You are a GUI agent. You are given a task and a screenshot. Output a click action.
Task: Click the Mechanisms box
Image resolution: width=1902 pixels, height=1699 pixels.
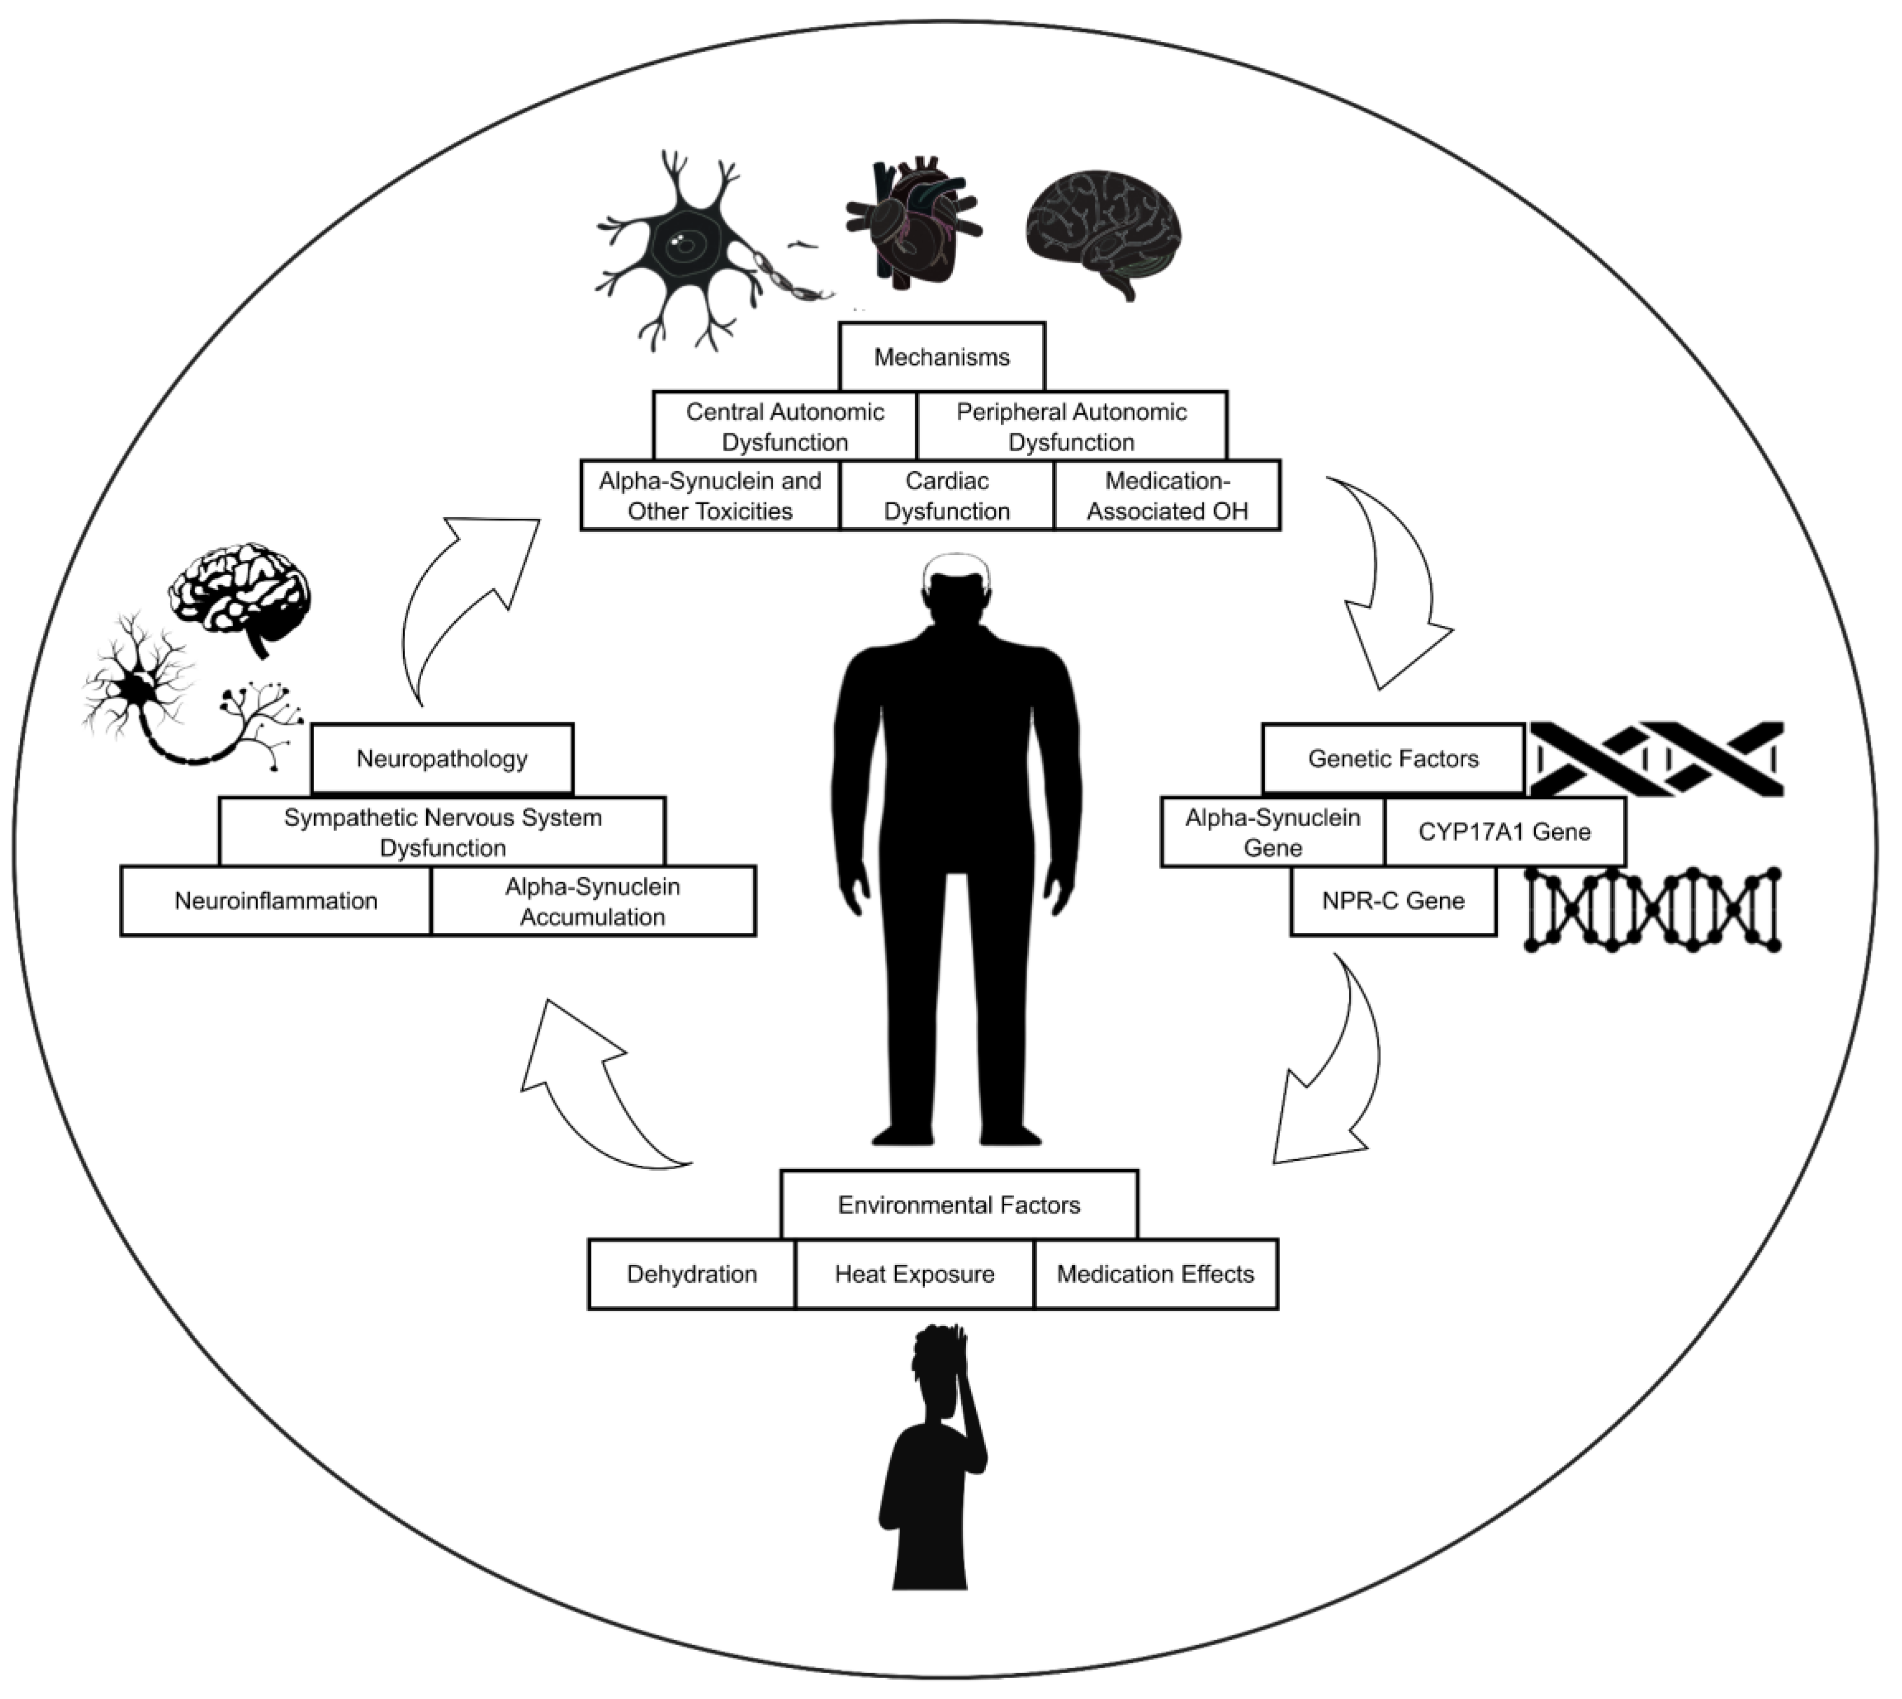click(x=941, y=357)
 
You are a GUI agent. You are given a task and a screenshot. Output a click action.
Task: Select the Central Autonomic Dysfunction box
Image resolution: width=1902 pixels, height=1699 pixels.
click(x=784, y=427)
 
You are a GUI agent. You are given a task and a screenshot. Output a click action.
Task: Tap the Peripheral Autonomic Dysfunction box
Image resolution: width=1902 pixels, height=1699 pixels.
click(x=1071, y=427)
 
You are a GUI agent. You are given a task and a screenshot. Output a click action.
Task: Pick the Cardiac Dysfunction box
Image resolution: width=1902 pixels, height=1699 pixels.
click(x=947, y=496)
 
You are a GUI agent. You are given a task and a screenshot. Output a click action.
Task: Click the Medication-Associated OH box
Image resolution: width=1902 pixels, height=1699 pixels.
click(x=1167, y=496)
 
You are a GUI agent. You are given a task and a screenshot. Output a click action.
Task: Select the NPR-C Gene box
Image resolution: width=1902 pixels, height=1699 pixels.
click(x=1392, y=901)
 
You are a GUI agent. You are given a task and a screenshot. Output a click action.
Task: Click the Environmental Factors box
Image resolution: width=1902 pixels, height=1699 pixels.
click(x=959, y=1205)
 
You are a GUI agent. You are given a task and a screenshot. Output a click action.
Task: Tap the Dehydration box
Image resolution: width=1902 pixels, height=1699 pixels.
click(x=691, y=1274)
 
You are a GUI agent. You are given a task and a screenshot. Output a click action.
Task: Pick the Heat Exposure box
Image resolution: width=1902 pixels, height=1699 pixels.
click(x=914, y=1274)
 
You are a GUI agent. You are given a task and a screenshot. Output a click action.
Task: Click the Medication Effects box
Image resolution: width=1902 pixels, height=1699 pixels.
click(x=1155, y=1274)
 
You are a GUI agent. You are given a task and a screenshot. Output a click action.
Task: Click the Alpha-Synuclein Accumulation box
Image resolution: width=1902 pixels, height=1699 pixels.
click(x=592, y=901)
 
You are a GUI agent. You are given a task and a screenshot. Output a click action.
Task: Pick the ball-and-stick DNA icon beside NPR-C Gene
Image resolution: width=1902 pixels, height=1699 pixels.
click(x=1653, y=910)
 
